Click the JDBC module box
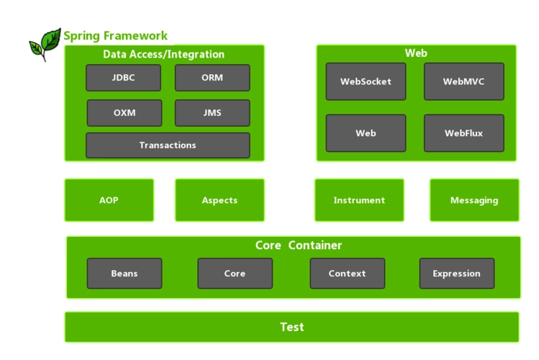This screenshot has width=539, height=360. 123,78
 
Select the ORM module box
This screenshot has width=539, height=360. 212,78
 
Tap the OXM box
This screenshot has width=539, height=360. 124,113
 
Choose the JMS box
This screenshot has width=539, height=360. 212,113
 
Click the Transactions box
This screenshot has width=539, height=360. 168,145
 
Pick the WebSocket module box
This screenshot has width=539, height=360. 366,81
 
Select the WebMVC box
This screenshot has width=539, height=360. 463,81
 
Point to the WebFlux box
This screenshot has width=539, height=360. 463,133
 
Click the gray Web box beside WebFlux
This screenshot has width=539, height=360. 366,133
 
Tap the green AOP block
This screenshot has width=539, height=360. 109,200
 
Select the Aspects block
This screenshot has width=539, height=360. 219,200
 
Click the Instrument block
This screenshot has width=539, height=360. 359,200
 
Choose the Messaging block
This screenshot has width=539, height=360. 474,200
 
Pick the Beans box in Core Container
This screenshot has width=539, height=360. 124,274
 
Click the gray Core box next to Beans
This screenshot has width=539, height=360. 235,274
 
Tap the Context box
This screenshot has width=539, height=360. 347,274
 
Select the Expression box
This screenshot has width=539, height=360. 456,274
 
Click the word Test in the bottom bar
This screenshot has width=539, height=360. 291,328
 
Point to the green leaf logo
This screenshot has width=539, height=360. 45,44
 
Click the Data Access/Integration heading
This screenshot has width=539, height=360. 164,55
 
